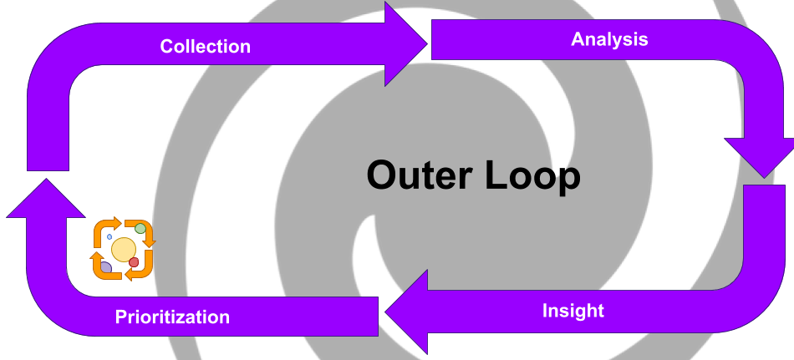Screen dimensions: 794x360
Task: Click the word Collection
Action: coord(205,46)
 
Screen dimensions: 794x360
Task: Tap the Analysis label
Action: coord(609,39)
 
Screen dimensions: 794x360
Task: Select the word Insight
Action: coord(573,311)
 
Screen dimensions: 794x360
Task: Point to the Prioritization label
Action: coord(172,317)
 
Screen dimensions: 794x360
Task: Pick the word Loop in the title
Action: coord(532,176)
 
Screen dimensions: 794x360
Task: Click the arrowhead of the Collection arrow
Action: coord(405,44)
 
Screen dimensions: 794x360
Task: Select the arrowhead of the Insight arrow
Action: coord(406,312)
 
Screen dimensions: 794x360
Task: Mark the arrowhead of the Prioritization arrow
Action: coord(46,197)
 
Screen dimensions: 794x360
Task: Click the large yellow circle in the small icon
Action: coord(124,250)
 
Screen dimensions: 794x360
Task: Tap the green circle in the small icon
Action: coord(140,228)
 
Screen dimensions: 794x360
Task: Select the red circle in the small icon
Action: coord(134,261)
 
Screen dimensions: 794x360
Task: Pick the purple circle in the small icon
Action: coord(106,267)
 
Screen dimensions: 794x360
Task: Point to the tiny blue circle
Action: coord(109,236)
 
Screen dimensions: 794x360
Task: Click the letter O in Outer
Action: coord(384,175)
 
